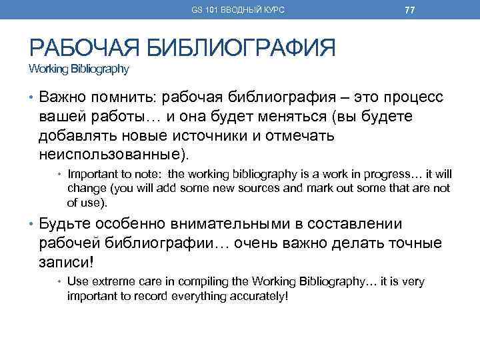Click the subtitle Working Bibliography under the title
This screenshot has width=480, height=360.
[78, 69]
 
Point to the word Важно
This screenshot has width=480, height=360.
[65, 99]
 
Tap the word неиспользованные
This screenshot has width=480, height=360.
[114, 155]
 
